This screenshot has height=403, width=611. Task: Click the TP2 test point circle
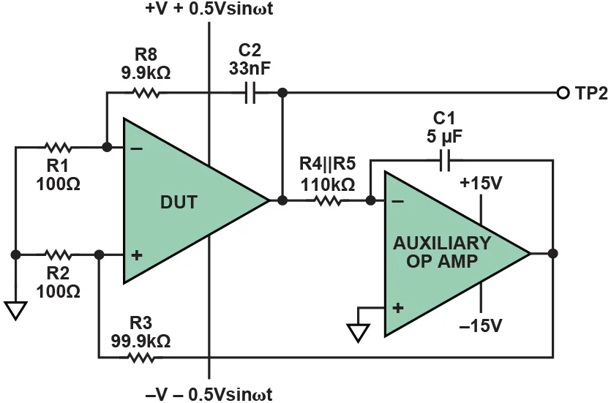tap(563, 93)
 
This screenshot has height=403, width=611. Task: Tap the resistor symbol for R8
tap(145, 93)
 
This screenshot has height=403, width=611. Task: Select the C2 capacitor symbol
tap(250, 93)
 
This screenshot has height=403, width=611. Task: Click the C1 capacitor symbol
tap(445, 159)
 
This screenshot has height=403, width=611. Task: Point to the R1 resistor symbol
tap(56, 147)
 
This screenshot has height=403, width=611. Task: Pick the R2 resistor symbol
tap(56, 255)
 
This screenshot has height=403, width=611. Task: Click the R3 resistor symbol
tap(141, 358)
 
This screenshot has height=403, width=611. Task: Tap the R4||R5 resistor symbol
tap(328, 200)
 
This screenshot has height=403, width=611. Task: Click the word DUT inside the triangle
tap(179, 203)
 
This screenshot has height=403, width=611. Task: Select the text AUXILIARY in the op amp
tap(442, 243)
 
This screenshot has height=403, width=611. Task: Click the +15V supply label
tap(481, 183)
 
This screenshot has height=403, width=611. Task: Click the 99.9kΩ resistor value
tap(140, 340)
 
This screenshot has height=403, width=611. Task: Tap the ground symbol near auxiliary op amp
tap(358, 332)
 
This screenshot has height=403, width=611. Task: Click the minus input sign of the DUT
tap(136, 148)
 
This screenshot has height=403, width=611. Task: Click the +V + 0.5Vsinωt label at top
tap(209, 10)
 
